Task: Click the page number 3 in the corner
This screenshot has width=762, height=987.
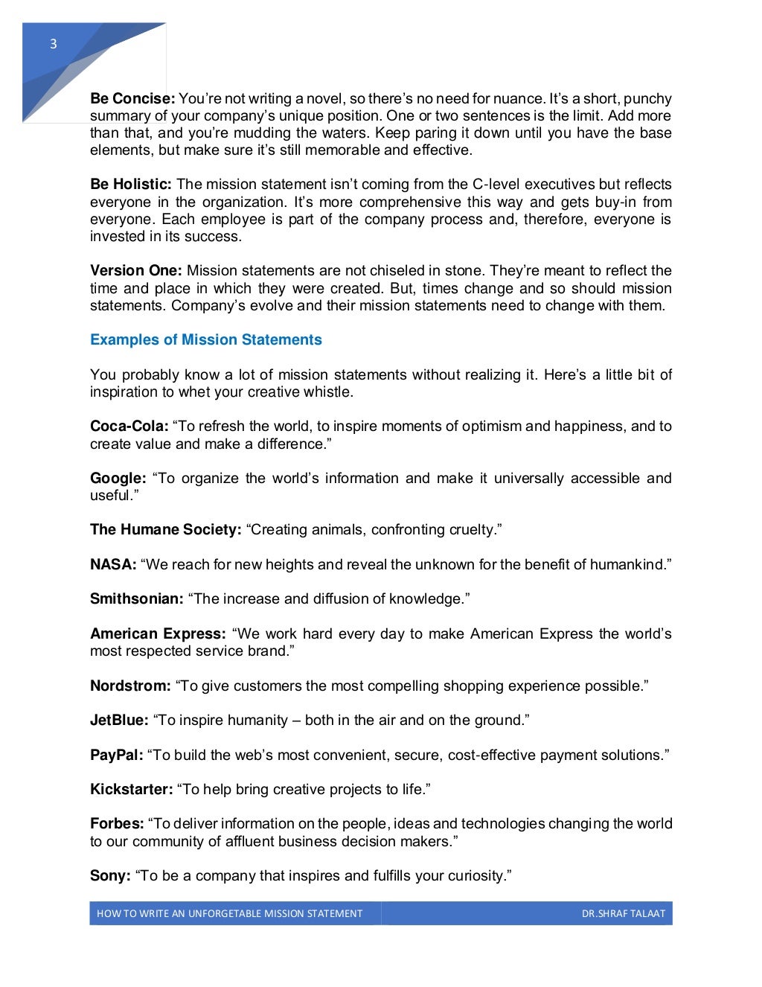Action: [x=53, y=45]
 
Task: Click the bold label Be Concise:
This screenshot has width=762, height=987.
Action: [x=132, y=99]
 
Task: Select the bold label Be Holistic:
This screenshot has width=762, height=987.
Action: [x=131, y=185]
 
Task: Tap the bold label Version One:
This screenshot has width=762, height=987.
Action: [x=136, y=271]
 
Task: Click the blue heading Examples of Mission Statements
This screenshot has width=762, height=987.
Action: [x=206, y=340]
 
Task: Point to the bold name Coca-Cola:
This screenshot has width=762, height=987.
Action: [x=129, y=427]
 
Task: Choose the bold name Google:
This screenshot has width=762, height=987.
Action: [x=118, y=479]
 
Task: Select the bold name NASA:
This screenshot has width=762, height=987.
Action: [x=113, y=565]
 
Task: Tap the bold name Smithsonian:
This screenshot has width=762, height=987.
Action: [x=137, y=599]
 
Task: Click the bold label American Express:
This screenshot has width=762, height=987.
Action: [x=158, y=634]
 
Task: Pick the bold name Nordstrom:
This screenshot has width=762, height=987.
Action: [x=130, y=686]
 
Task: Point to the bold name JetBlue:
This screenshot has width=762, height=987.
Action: [x=119, y=721]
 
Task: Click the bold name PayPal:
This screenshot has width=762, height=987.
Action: [x=117, y=756]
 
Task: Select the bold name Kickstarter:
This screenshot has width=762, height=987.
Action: [x=132, y=790]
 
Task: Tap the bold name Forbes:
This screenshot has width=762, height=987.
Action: [x=117, y=824]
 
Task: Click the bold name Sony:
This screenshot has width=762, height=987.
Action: [x=110, y=876]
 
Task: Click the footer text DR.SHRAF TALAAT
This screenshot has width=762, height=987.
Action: [x=623, y=914]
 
